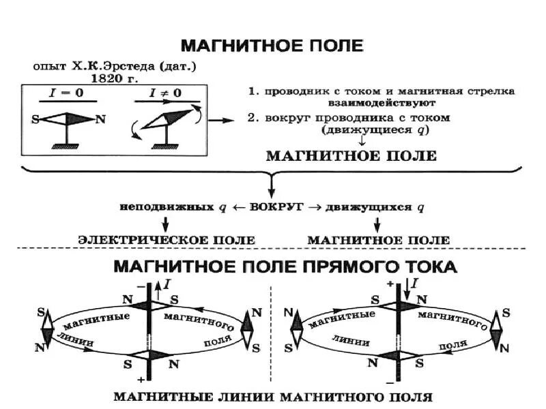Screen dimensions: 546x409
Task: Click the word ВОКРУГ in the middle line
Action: click(x=272, y=207)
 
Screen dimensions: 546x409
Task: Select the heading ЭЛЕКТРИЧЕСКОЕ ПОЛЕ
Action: click(x=167, y=240)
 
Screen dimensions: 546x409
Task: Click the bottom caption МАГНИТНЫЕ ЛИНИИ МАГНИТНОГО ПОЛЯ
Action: click(x=272, y=396)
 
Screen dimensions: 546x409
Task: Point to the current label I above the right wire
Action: click(x=415, y=282)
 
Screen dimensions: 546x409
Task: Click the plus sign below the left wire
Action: click(x=139, y=378)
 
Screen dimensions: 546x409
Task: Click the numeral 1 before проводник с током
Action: click(x=251, y=91)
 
